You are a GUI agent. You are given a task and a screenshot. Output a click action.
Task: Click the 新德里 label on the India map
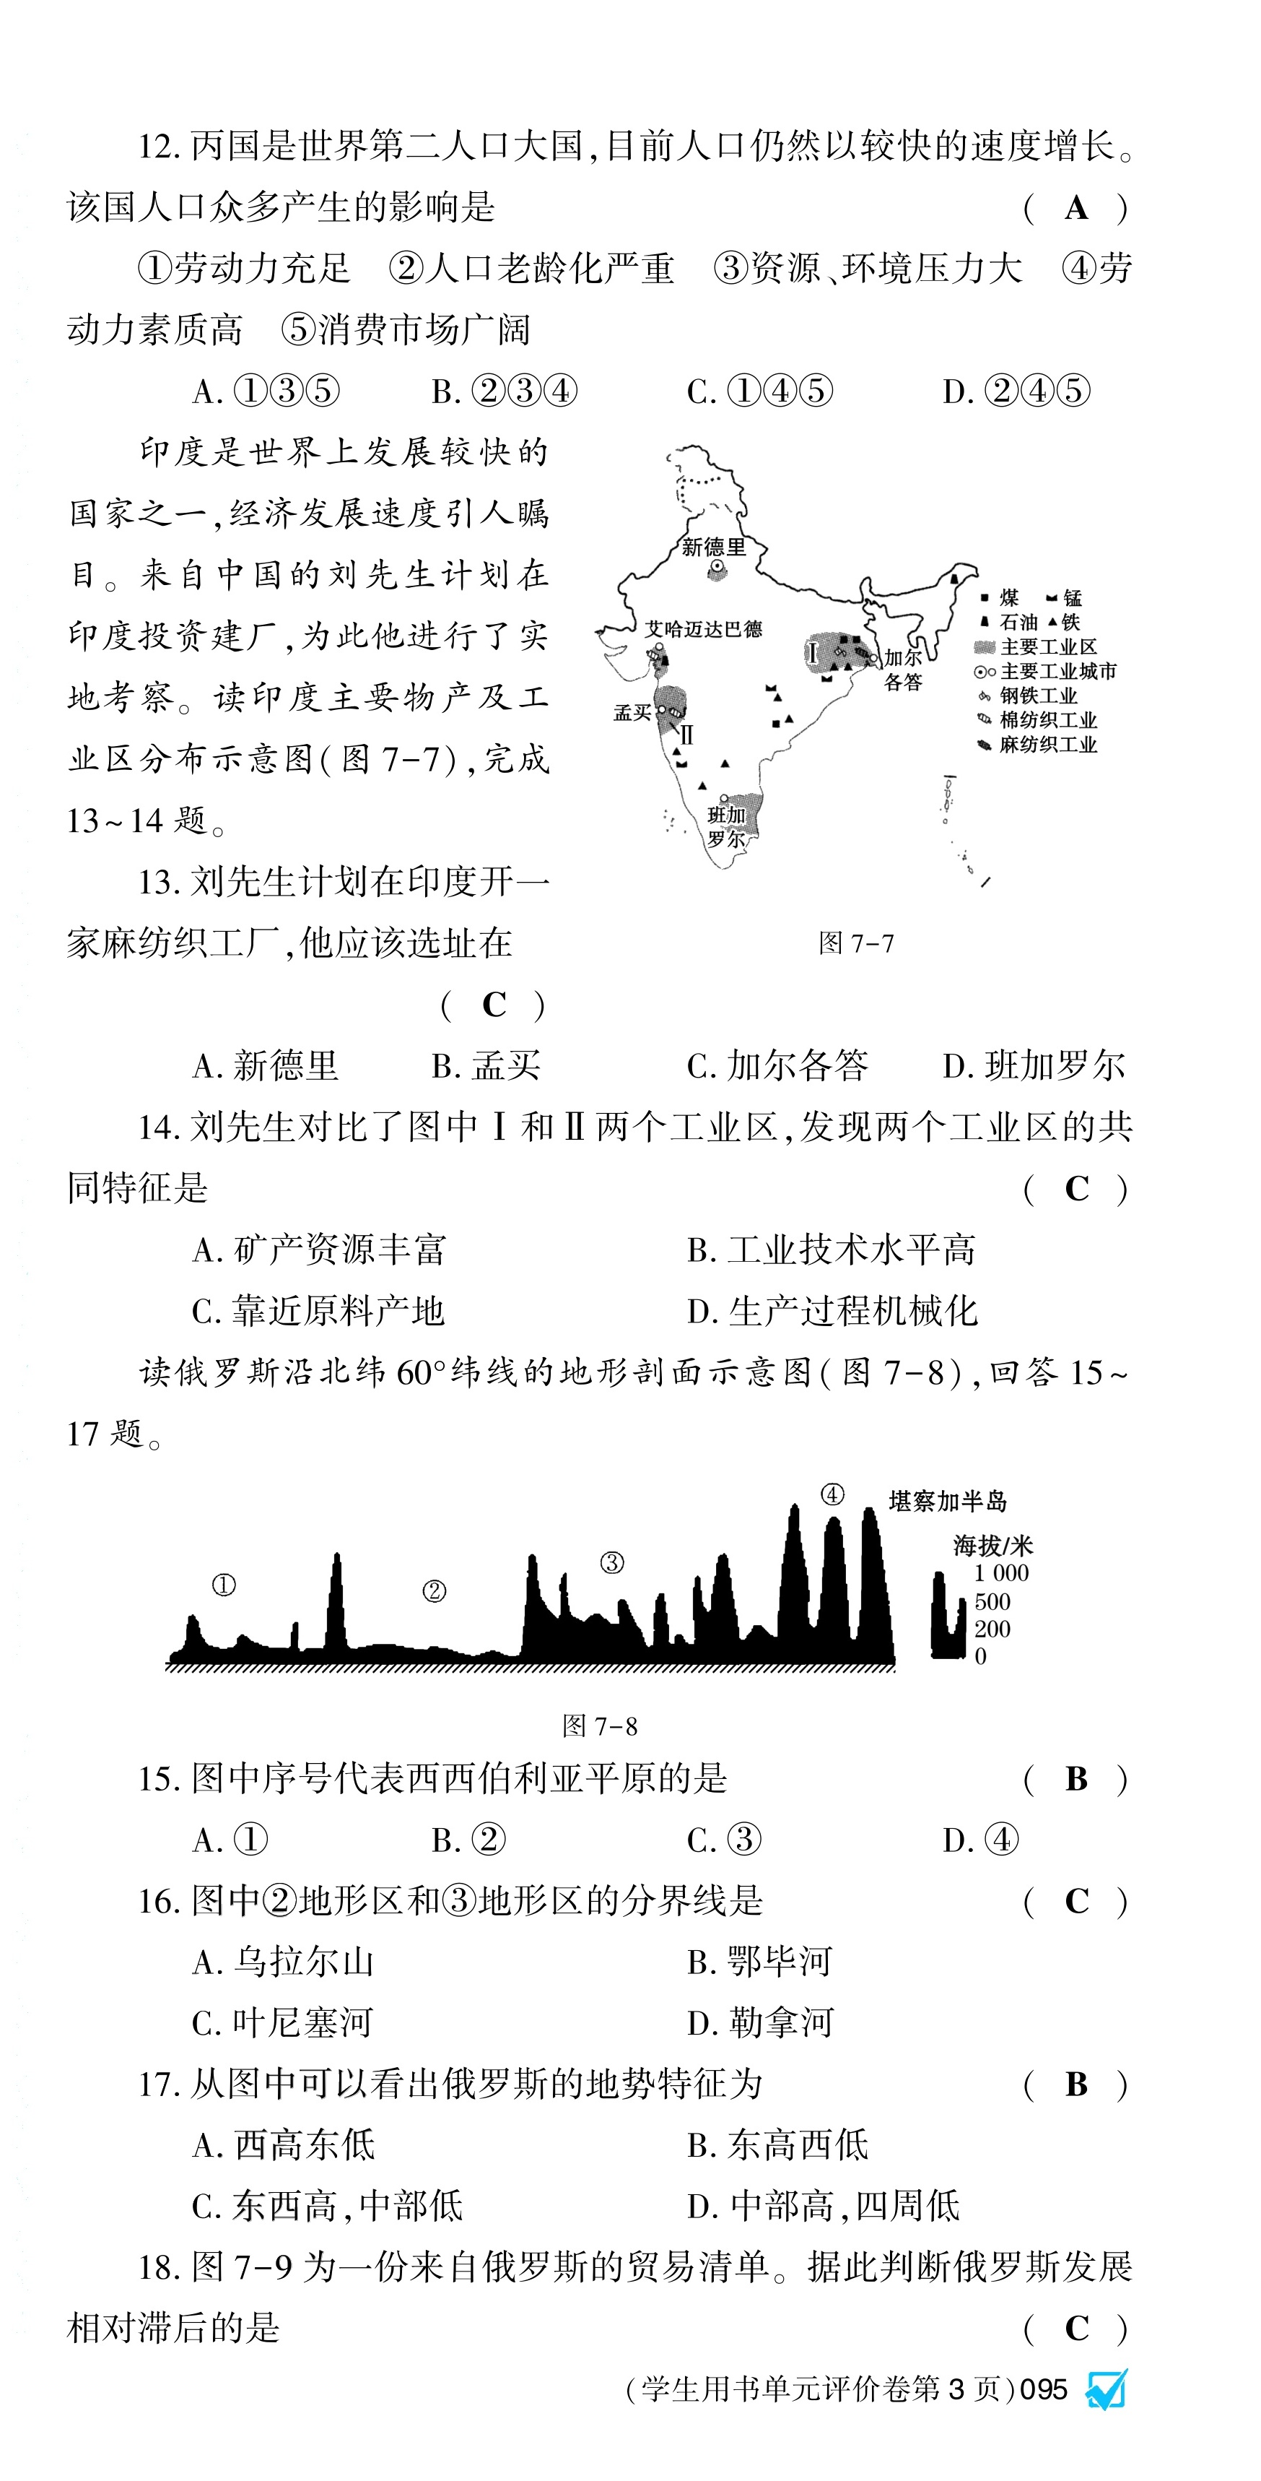[713, 547]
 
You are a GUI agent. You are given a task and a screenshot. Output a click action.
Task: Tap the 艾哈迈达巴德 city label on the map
[703, 630]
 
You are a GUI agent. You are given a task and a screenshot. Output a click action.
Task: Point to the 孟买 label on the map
[632, 713]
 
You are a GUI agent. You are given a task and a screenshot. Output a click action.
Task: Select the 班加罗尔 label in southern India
[727, 826]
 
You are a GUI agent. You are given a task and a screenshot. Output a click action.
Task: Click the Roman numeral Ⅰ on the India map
[813, 654]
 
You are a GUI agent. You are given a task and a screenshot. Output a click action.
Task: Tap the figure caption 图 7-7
[856, 943]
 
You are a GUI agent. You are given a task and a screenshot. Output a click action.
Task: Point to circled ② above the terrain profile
[434, 1591]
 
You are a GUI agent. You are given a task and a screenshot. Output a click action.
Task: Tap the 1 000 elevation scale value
[1000, 1573]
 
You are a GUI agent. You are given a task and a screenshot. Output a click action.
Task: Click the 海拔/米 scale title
[992, 1546]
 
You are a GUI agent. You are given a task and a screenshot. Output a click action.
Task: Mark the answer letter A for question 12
[1076, 208]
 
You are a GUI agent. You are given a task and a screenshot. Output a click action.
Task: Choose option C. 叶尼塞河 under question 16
[282, 2022]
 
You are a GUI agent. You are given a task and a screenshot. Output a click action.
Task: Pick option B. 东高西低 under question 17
[778, 2145]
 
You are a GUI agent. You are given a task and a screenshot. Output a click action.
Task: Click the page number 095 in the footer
[1044, 2389]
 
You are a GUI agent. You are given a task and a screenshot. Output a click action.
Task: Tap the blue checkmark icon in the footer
[1106, 2389]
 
